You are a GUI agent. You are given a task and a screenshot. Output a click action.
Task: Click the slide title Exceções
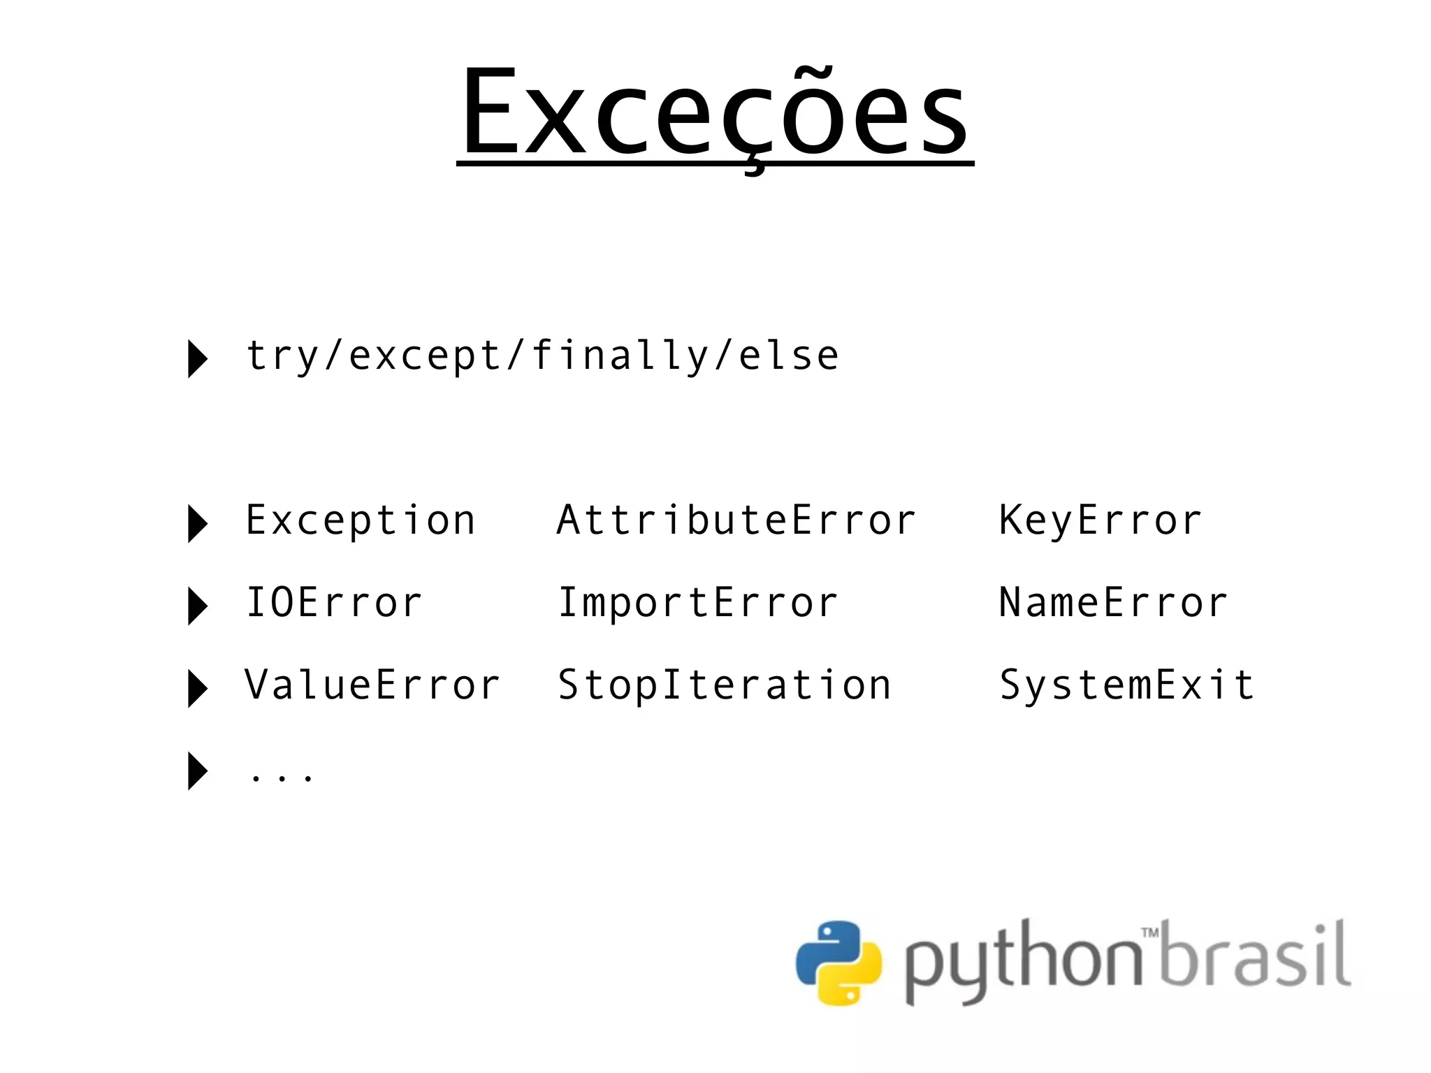click(715, 112)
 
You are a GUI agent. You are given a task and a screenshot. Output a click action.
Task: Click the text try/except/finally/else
click(542, 356)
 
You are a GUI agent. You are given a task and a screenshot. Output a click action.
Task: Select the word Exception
click(361, 520)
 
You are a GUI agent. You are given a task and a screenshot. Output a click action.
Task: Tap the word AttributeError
click(736, 520)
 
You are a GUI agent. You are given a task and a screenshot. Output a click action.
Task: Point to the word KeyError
click(1101, 520)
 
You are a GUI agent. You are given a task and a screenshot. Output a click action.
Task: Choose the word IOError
click(334, 603)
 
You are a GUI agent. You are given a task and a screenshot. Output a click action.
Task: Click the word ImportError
click(697, 603)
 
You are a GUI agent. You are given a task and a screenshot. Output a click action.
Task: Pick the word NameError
click(1113, 603)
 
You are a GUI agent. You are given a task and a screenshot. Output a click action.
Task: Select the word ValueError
click(372, 685)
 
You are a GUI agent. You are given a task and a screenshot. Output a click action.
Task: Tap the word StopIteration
click(725, 685)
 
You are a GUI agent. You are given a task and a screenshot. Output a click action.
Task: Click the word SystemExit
click(1126, 685)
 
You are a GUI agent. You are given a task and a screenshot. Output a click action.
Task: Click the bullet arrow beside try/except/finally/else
click(198, 359)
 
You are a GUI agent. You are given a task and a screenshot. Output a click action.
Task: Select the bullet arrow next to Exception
click(198, 524)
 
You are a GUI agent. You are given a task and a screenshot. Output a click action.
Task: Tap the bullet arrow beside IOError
click(198, 606)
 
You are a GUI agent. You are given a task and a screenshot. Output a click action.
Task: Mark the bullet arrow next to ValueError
click(198, 688)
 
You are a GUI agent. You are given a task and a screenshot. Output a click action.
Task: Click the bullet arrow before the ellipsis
click(198, 771)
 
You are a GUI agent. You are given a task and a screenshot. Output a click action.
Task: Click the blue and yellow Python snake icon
click(838, 963)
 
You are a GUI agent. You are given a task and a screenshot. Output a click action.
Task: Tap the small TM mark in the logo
click(1150, 932)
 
